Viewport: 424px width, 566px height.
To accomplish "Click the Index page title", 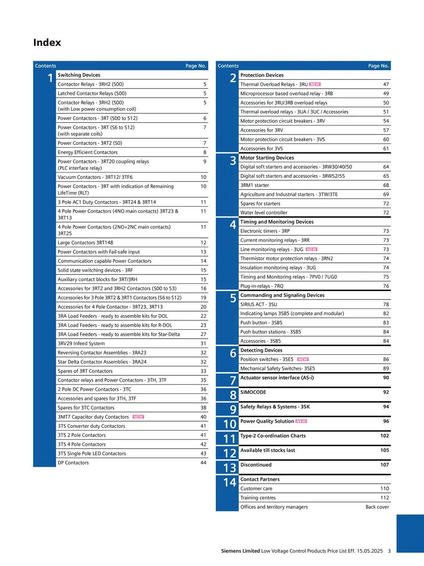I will tap(47, 43).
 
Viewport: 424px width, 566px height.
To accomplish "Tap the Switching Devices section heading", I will tap(79, 75).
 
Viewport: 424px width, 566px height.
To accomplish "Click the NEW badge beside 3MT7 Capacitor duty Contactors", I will tap(139, 417).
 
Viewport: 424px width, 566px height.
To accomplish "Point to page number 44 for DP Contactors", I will tap(203, 463).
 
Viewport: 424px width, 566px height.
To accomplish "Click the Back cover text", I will tap(377, 507).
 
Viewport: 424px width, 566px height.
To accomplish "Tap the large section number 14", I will tap(229, 483).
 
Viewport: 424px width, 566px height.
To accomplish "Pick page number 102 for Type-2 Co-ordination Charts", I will tap(384, 436).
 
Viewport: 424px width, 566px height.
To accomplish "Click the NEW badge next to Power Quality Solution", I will tap(301, 421).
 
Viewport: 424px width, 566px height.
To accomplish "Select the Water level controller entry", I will tap(263, 213).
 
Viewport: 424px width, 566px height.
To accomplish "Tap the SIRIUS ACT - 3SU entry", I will tap(259, 305).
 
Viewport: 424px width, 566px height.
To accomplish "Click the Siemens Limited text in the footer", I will tap(240, 551).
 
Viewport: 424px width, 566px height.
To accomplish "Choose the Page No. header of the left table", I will tap(196, 66).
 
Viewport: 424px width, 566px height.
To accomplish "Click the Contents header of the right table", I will tap(228, 66).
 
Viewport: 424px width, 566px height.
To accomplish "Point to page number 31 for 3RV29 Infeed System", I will tap(203, 343).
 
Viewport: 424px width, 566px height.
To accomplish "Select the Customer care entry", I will tap(256, 489).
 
